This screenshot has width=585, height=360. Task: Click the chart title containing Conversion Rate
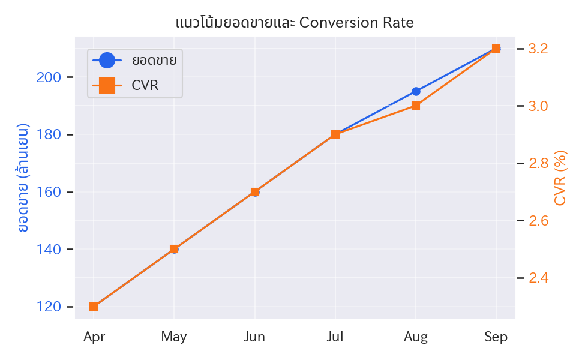pyautogui.click(x=295, y=23)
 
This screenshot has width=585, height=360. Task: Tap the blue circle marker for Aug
pyautogui.click(x=416, y=92)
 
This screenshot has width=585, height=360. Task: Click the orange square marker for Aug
pyautogui.click(x=416, y=106)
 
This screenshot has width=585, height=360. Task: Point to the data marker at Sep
pyautogui.click(x=496, y=49)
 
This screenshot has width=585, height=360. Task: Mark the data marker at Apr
pyautogui.click(x=94, y=307)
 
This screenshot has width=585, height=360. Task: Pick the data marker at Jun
pyautogui.click(x=255, y=192)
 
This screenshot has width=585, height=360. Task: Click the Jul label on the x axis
pyautogui.click(x=335, y=337)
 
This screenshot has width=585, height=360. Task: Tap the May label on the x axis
pyautogui.click(x=174, y=337)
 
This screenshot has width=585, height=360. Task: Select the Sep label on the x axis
pyautogui.click(x=496, y=337)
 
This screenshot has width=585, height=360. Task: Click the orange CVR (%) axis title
pyautogui.click(x=561, y=178)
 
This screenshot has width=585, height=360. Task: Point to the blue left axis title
pyautogui.click(x=24, y=178)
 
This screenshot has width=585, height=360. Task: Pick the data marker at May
pyautogui.click(x=174, y=249)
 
